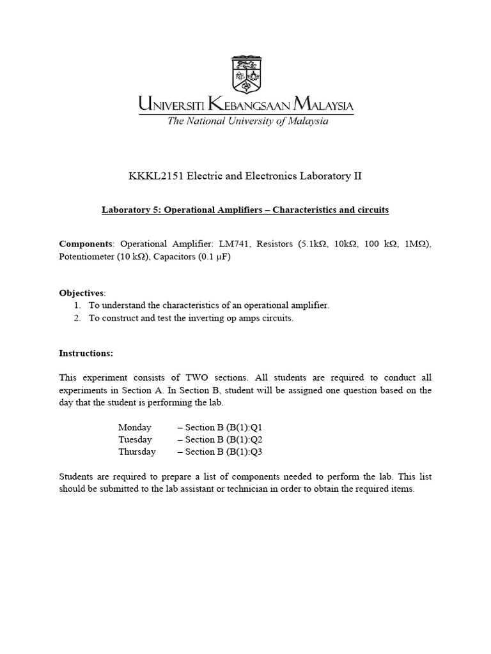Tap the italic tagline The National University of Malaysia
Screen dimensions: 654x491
[x=247, y=121]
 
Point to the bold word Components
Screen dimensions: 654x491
[x=86, y=244]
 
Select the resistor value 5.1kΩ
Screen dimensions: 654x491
[x=313, y=244]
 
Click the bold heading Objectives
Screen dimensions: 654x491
[x=82, y=293]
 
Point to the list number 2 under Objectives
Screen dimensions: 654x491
[x=77, y=318]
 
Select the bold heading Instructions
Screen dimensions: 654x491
[x=86, y=353]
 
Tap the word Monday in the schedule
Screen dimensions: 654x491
[x=135, y=427]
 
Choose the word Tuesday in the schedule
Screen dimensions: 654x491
[x=135, y=439]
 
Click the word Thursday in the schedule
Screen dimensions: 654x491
[x=137, y=452]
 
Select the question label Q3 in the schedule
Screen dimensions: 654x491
[x=256, y=452]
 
